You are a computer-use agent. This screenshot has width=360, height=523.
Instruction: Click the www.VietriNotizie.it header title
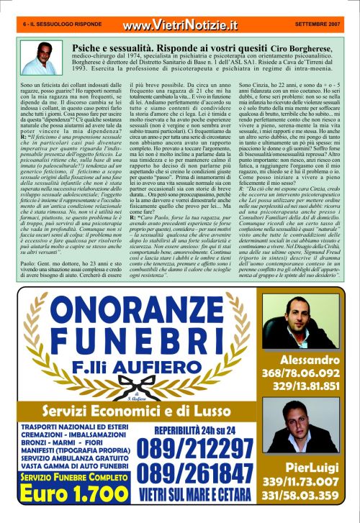(179, 26)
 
